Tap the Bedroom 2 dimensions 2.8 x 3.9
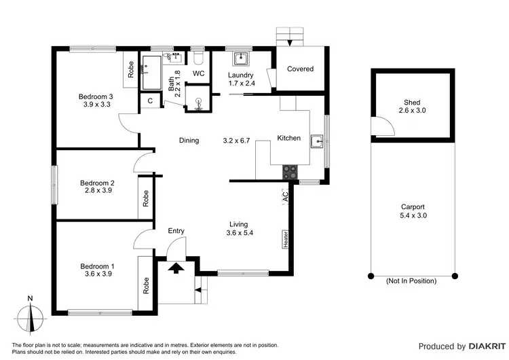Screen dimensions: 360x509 (x=97, y=192)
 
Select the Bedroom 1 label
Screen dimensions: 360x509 (x=97, y=266)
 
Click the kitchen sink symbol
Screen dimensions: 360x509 (x=316, y=141)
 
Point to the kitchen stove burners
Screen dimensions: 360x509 (x=290, y=173)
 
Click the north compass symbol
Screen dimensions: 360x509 (x=30, y=318)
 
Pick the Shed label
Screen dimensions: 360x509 (x=412, y=103)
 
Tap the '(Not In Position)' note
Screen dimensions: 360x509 (x=411, y=281)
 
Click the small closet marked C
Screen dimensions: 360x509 (x=150, y=101)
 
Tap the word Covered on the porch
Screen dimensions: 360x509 (x=300, y=69)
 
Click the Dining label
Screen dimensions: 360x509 (x=189, y=141)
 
